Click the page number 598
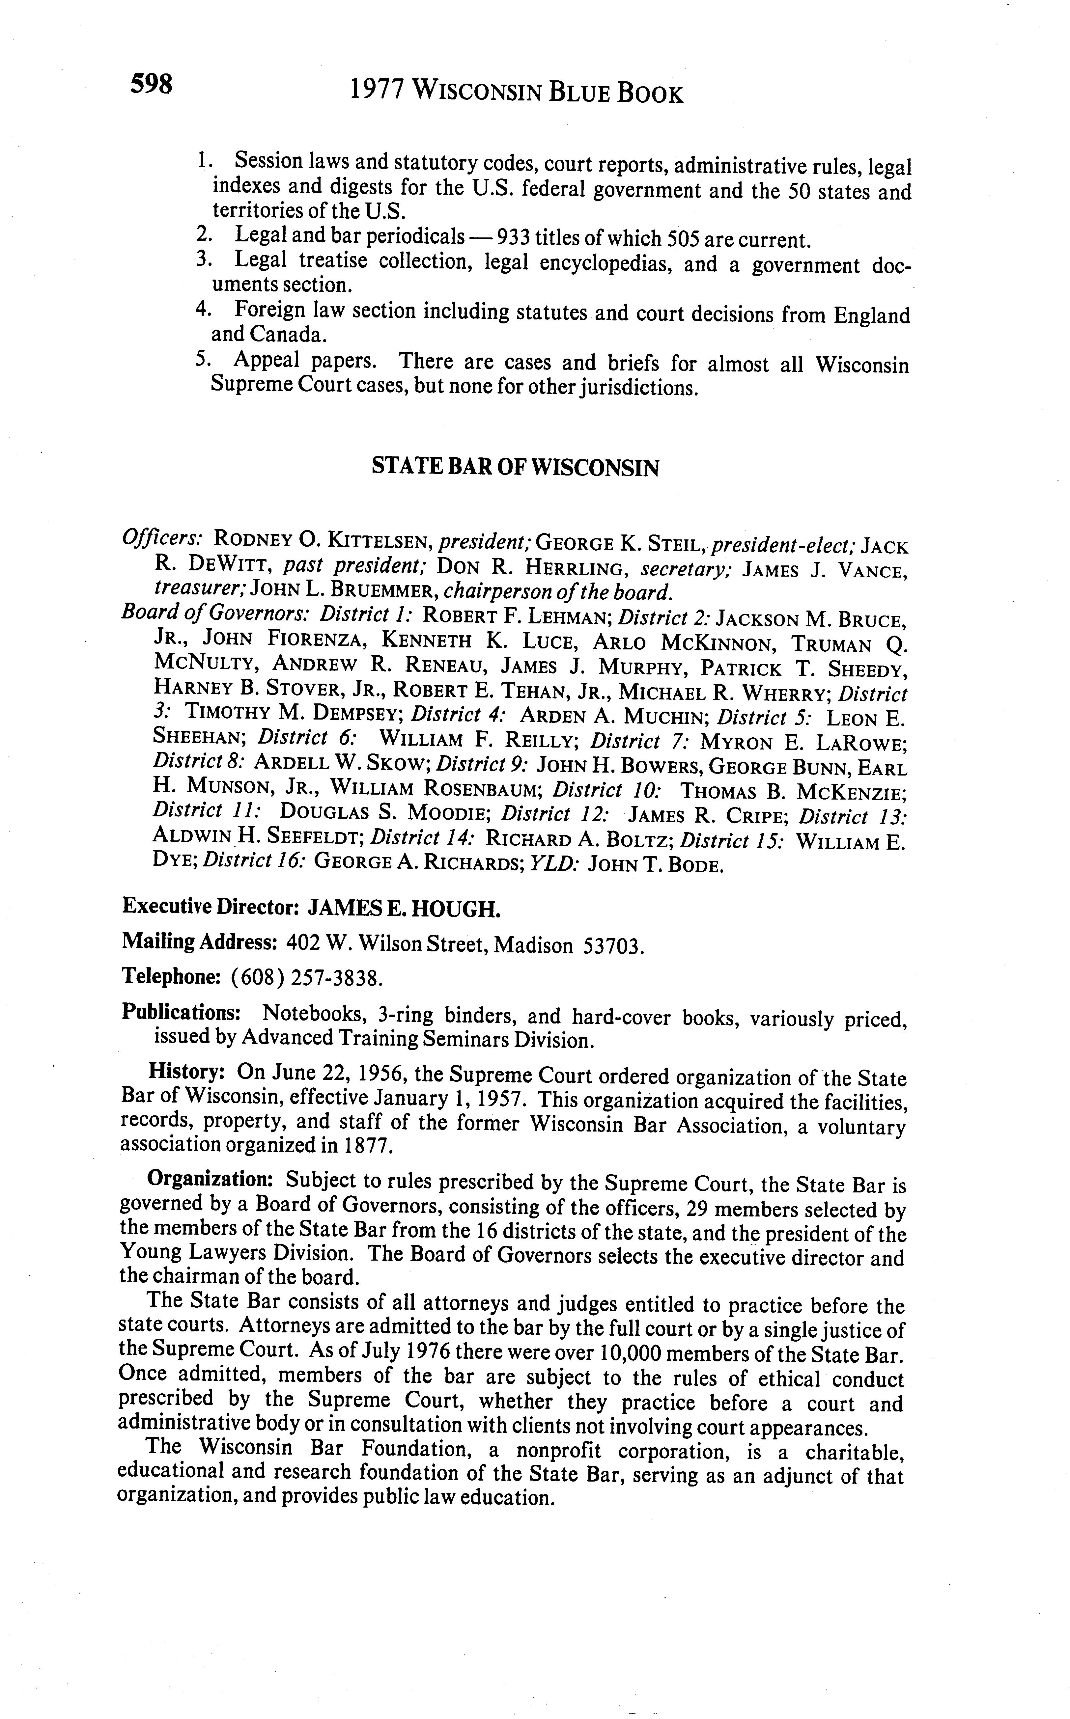151,85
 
